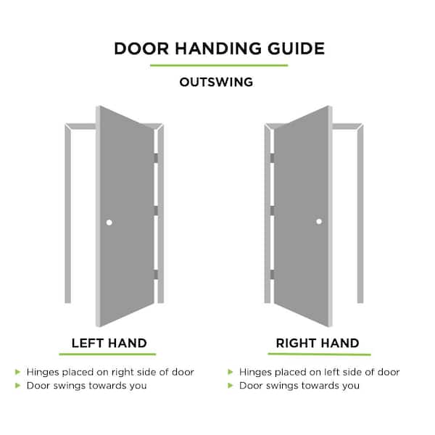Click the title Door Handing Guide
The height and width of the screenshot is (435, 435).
click(218, 49)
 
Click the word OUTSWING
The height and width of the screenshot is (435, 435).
click(216, 82)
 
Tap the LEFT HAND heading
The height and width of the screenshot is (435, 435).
click(109, 343)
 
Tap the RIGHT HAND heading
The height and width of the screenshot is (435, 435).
click(318, 343)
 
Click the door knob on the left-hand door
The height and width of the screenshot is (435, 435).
click(109, 222)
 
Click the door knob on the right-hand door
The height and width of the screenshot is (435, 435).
click(319, 222)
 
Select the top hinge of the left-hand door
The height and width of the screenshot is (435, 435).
click(155, 157)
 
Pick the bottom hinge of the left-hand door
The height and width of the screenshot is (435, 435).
click(155, 273)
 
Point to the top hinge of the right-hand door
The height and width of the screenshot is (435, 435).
click(272, 157)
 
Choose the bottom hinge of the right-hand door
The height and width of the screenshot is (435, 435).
click(272, 273)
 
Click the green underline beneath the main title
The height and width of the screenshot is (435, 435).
click(218, 66)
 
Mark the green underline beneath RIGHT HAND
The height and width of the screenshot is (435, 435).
click(319, 355)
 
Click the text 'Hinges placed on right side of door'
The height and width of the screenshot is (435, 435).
click(110, 372)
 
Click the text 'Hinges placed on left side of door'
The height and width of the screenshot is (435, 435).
click(319, 372)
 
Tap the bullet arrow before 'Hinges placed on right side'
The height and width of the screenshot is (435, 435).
click(18, 372)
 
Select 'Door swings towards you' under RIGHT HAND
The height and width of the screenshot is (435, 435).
click(299, 386)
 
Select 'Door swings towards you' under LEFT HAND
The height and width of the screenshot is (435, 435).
click(86, 386)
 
